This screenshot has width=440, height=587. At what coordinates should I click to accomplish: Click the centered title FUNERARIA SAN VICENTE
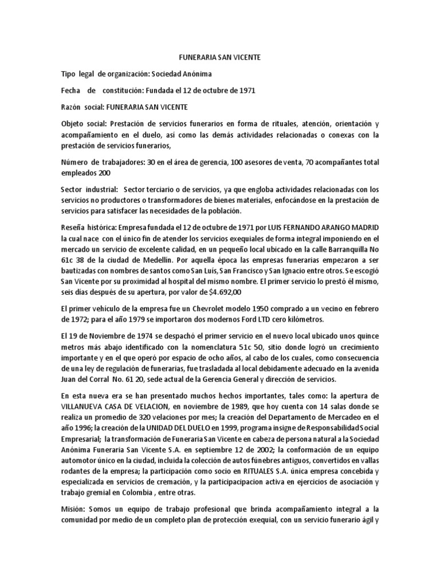point(219,58)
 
